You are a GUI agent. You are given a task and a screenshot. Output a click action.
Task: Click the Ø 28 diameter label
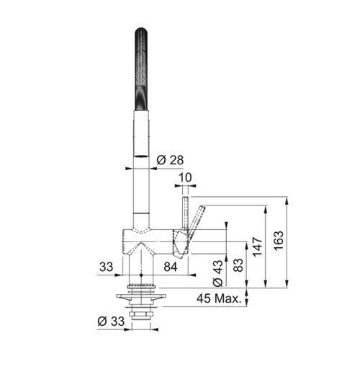pos(170,160)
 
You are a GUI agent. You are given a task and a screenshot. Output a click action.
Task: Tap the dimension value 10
pos(186,177)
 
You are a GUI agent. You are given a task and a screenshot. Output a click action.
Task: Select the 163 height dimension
pos(279,241)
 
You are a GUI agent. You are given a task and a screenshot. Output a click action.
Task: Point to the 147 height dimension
pos(257,247)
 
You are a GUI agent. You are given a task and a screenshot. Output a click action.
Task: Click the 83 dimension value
pos(238,265)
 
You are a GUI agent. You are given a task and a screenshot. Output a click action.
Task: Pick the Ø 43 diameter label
pos(218,273)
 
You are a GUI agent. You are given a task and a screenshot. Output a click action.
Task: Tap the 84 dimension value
pos(170,267)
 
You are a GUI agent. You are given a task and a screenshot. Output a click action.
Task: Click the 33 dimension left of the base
pos(106,267)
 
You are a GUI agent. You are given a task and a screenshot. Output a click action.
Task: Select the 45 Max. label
pos(219,298)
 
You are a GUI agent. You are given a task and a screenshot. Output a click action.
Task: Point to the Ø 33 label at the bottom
pos(111,321)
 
